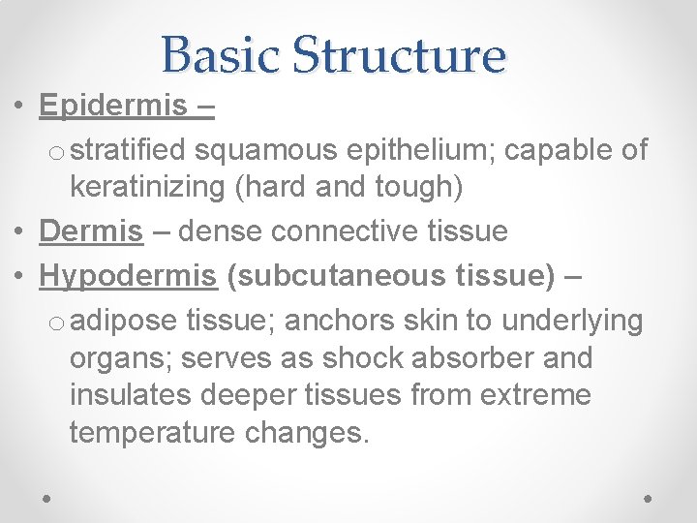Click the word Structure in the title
399,54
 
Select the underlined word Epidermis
113,106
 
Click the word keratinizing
148,188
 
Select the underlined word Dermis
91,231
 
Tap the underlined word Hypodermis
128,276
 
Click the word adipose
123,320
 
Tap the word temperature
152,433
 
